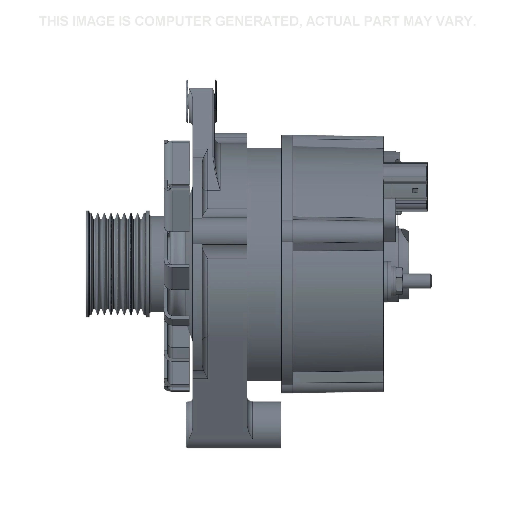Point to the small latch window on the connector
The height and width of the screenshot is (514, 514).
click(x=415, y=190)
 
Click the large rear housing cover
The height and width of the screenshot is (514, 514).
click(x=338, y=306)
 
